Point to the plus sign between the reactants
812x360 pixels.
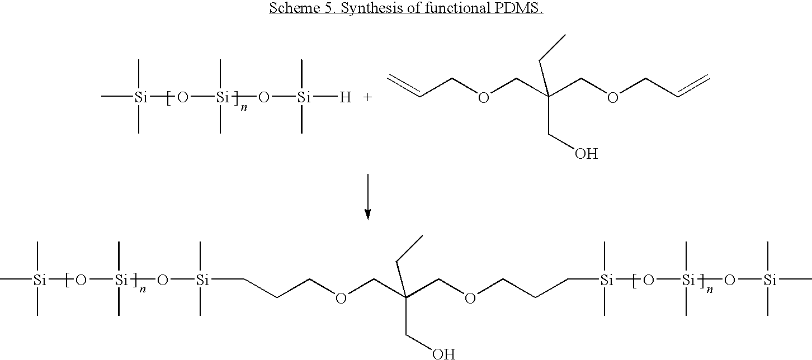tap(367, 97)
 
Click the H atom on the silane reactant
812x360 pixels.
tap(345, 97)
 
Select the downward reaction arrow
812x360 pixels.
tap(368, 197)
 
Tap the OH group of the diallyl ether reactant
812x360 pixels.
tap(586, 154)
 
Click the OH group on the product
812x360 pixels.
tap(443, 354)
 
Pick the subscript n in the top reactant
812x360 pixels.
tap(244, 108)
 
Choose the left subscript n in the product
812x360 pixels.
tap(143, 289)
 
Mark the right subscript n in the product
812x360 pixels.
tap(710, 289)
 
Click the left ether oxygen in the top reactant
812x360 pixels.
tap(484, 97)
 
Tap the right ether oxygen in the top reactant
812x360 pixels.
tap(612, 97)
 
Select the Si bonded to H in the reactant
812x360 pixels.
tap(304, 97)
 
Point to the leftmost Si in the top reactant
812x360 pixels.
tap(141, 97)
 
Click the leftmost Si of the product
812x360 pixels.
tap(40, 280)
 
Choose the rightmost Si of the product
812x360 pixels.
tap(770, 280)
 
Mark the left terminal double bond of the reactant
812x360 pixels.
tap(404, 86)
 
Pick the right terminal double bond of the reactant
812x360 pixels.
tap(693, 86)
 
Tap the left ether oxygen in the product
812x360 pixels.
tap(341, 299)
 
